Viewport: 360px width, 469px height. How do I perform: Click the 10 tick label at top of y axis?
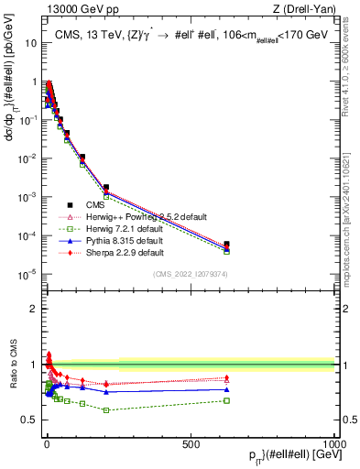click(27, 43)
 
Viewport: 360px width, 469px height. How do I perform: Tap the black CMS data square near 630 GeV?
click(226, 244)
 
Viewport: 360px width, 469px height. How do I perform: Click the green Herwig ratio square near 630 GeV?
click(226, 400)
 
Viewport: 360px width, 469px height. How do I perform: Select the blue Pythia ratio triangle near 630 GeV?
click(226, 389)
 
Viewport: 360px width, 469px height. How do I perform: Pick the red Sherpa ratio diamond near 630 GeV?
click(226, 377)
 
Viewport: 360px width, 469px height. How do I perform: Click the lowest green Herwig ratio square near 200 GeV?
click(106, 409)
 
